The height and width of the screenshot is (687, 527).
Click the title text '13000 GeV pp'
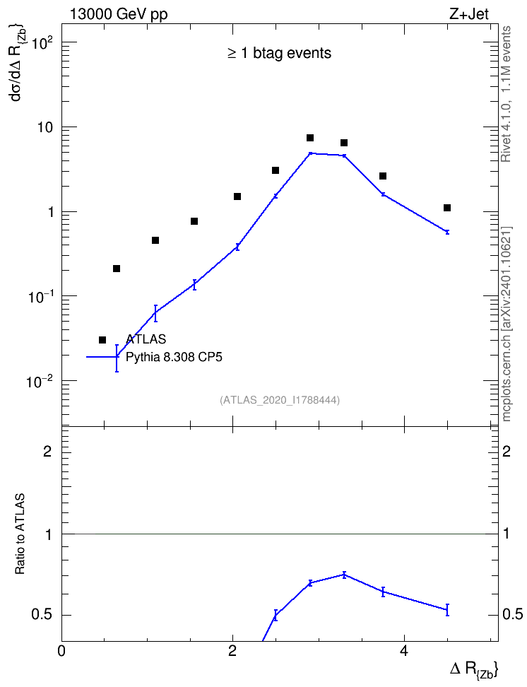[x=119, y=14]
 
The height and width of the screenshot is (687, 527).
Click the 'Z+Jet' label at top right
[x=469, y=14]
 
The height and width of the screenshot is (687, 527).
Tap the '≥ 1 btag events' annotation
[x=280, y=53]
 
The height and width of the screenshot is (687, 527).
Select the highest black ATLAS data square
[x=310, y=138]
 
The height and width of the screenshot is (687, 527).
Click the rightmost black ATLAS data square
[x=447, y=208]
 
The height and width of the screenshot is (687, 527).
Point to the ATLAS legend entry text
[x=146, y=339]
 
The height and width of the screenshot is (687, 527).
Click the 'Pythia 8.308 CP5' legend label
[x=174, y=357]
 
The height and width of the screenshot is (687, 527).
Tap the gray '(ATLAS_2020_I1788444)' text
[x=280, y=400]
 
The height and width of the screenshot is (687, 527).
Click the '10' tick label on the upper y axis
[x=43, y=127]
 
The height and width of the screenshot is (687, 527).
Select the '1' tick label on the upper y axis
[x=49, y=212]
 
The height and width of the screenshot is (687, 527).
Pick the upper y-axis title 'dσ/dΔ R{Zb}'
[x=18, y=63]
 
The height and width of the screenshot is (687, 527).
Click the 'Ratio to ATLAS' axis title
[x=20, y=534]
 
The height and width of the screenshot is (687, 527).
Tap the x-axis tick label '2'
[x=232, y=651]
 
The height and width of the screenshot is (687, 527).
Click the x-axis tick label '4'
[x=404, y=651]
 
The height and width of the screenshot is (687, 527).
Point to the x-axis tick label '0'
[x=61, y=651]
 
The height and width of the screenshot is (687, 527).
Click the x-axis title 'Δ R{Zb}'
[x=474, y=670]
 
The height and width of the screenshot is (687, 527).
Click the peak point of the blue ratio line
[x=344, y=575]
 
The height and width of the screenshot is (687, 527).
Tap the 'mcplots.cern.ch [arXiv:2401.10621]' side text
[x=507, y=324]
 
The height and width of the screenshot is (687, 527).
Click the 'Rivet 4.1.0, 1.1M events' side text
[x=506, y=94]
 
